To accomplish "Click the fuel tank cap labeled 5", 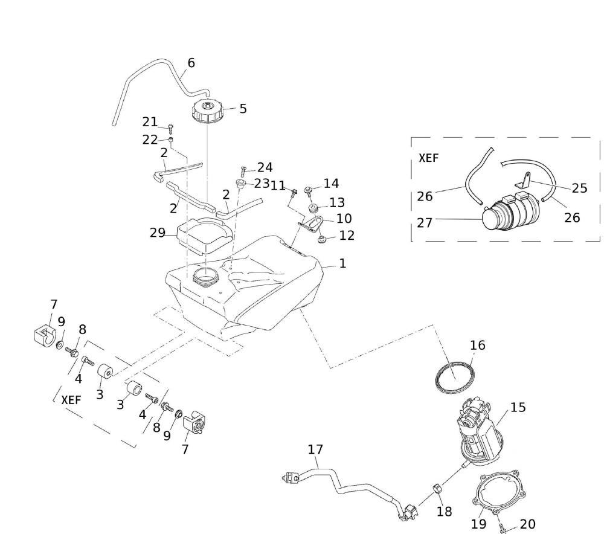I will pos(207,112).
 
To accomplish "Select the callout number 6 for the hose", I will pos(191,63).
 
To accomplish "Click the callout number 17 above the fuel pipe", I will pos(315,449).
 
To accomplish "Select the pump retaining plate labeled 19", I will pos(496,498).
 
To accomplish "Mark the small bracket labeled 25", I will pos(525,180).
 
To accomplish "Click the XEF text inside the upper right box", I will pos(428,158).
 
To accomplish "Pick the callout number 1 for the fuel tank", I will pos(342,263).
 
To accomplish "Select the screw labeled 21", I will pos(171,128).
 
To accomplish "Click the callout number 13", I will pos(336,202).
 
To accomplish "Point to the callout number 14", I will pos(332,183).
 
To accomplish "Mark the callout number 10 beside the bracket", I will pos(344,218).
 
